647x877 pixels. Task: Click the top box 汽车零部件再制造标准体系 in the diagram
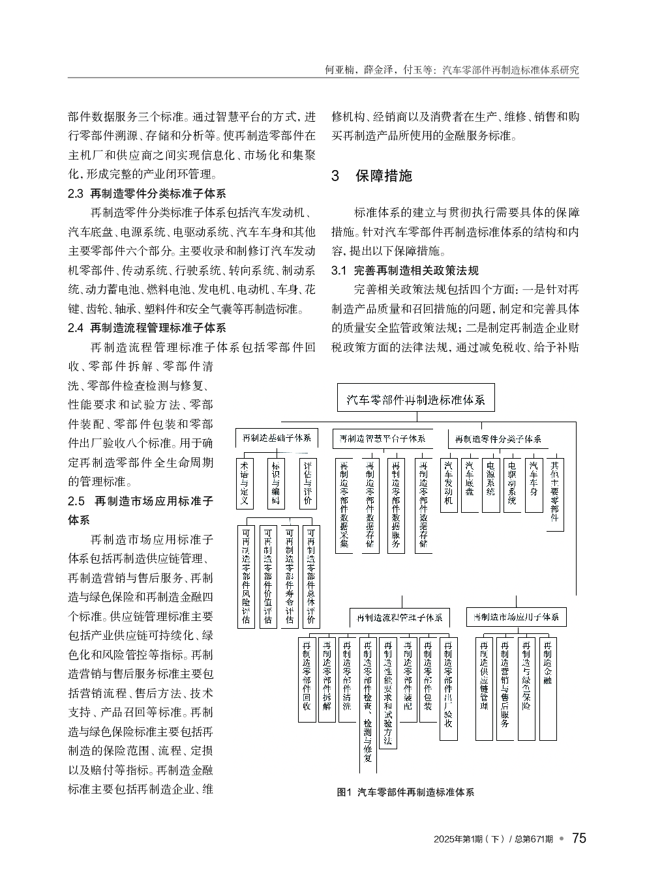pyautogui.click(x=415, y=399)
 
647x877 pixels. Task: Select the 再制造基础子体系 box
pyautogui.click(x=277, y=438)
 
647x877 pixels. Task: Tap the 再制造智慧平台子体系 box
pyautogui.click(x=382, y=438)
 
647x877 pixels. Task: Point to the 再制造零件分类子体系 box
pyautogui.click(x=498, y=438)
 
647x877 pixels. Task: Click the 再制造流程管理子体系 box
pyautogui.click(x=399, y=616)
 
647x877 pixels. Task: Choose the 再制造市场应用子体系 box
pyautogui.click(x=517, y=616)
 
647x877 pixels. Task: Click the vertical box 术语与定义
pyautogui.click(x=244, y=483)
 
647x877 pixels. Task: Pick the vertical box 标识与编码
pyautogui.click(x=276, y=483)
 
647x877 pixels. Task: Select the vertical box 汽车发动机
pyautogui.click(x=449, y=483)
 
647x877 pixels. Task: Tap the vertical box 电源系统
pyautogui.click(x=491, y=483)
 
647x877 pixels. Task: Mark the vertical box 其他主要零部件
pyautogui.click(x=554, y=493)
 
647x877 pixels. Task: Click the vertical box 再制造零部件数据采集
pyautogui.click(x=344, y=505)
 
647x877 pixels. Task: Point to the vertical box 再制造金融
pyautogui.click(x=548, y=687)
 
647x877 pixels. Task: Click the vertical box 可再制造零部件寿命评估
pyautogui.click(x=289, y=576)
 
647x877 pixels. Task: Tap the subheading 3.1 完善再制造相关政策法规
pyautogui.click(x=405, y=270)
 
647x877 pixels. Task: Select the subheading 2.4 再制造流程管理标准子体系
pyautogui.click(x=147, y=328)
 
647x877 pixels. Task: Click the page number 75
pyautogui.click(x=579, y=838)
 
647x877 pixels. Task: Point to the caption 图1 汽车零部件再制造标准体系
pyautogui.click(x=405, y=792)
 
